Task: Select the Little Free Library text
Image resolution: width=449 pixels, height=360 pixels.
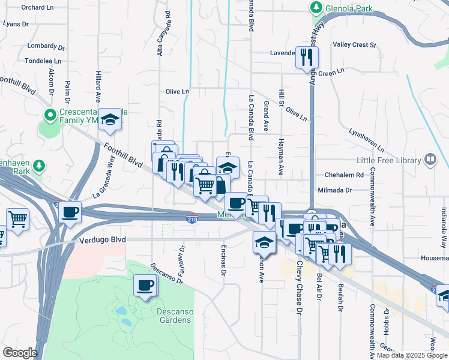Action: click(390, 160)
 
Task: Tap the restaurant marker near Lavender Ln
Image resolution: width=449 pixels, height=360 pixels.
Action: click(307, 58)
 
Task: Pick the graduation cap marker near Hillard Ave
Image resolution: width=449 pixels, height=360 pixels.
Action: click(110, 120)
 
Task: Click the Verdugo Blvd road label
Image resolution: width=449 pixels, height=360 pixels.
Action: click(103, 239)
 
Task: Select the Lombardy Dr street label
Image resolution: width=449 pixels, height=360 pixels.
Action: click(46, 46)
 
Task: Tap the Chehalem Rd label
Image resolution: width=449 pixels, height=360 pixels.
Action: click(344, 175)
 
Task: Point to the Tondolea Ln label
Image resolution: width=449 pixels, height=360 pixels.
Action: click(43, 61)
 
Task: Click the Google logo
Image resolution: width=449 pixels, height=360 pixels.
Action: click(20, 353)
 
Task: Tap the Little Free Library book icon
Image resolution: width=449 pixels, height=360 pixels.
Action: click(430, 160)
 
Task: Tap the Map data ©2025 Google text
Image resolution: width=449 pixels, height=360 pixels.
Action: click(412, 355)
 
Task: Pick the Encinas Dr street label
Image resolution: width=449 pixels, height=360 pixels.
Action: click(223, 263)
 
